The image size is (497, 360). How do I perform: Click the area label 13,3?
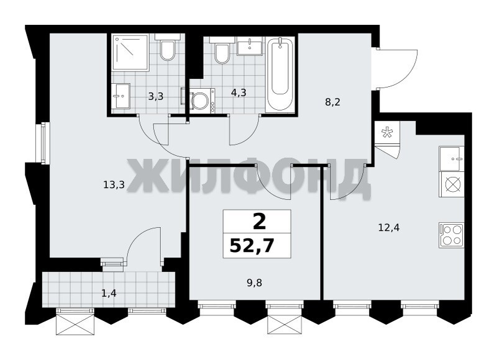114,184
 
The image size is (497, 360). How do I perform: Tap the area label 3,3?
156,96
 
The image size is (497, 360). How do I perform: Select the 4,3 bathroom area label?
239,92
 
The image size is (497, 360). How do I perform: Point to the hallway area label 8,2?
332,102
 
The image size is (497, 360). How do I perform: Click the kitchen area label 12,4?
389,227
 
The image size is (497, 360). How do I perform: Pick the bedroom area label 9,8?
254,282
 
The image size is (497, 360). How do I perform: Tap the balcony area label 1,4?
109,294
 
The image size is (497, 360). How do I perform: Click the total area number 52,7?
252,246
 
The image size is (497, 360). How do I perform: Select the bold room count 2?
259,222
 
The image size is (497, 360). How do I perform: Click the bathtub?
280,74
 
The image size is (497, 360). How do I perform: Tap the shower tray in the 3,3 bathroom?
130,52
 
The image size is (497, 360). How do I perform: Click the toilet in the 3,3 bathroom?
167,48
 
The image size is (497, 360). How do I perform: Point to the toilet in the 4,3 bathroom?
222,51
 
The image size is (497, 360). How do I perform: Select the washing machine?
199,99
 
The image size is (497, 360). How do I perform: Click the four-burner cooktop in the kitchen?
452,235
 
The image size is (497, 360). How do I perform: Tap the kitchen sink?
452,159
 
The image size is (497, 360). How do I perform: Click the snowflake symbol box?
386,132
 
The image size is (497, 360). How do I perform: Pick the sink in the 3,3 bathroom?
121,96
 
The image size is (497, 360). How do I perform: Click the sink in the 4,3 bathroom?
250,46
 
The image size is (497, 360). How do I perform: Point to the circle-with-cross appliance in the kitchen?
452,184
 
